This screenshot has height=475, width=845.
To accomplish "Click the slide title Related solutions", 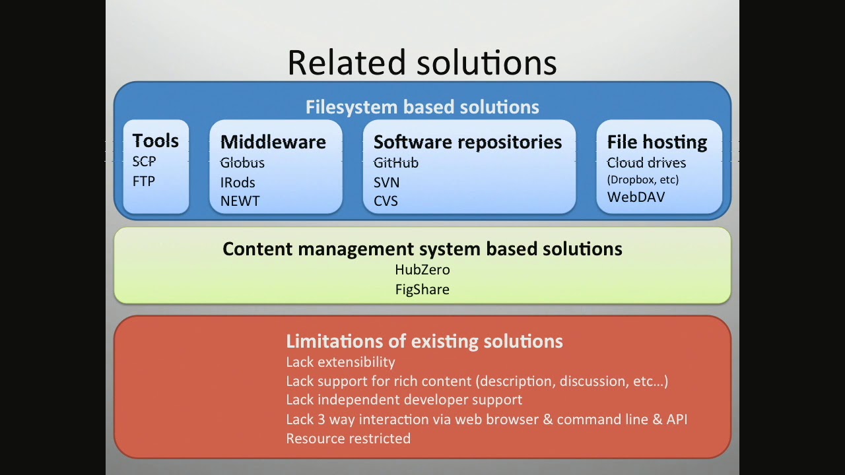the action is click(x=422, y=62).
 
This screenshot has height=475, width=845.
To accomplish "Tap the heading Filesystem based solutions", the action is click(x=422, y=107).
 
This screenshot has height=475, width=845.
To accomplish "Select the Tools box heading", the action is click(x=155, y=141).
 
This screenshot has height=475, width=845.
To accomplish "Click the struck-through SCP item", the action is click(x=144, y=162).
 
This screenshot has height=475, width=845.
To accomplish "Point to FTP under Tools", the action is click(x=144, y=181).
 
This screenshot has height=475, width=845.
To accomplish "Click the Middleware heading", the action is click(x=273, y=142).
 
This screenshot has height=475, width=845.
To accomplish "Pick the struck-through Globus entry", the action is click(x=242, y=163).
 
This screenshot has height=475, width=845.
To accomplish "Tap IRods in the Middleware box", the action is click(x=238, y=183).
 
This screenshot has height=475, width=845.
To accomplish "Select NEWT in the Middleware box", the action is click(x=240, y=201).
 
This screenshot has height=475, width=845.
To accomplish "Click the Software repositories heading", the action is click(x=468, y=142).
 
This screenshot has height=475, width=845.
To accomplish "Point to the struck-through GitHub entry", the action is click(x=396, y=163).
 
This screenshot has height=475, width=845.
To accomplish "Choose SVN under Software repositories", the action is click(x=387, y=183).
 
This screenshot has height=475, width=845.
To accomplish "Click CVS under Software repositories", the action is click(x=386, y=201).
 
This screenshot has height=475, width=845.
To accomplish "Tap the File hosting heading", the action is click(x=657, y=142).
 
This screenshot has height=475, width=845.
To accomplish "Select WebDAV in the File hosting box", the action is click(x=636, y=197).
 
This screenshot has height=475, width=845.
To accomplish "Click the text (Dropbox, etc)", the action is click(x=643, y=180).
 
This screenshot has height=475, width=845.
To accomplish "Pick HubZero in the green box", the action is click(x=422, y=270).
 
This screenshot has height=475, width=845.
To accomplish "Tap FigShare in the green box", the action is click(x=422, y=290).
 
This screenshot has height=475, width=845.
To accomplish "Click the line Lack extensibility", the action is click(x=341, y=362).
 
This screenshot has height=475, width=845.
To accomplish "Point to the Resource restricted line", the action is click(x=348, y=439).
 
